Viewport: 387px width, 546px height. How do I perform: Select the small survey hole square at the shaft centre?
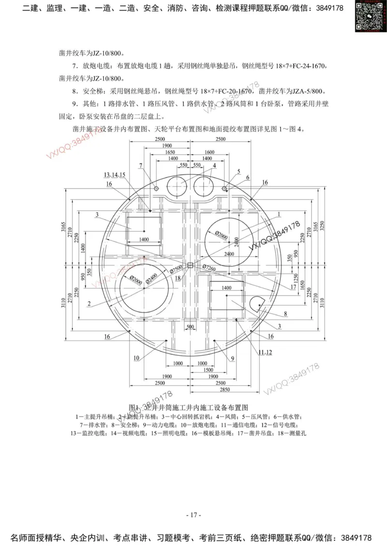tap(190, 265)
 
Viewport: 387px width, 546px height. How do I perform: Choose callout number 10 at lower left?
tap(136, 358)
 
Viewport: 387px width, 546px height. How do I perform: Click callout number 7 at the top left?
tap(141, 166)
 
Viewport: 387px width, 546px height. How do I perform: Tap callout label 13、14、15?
tap(115, 174)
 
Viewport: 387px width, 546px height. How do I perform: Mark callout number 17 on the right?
tap(293, 287)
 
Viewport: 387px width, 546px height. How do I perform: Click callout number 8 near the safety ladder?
tap(285, 314)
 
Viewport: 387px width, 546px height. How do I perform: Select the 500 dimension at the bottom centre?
tap(190, 327)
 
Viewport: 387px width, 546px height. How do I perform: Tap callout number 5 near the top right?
tap(238, 171)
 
